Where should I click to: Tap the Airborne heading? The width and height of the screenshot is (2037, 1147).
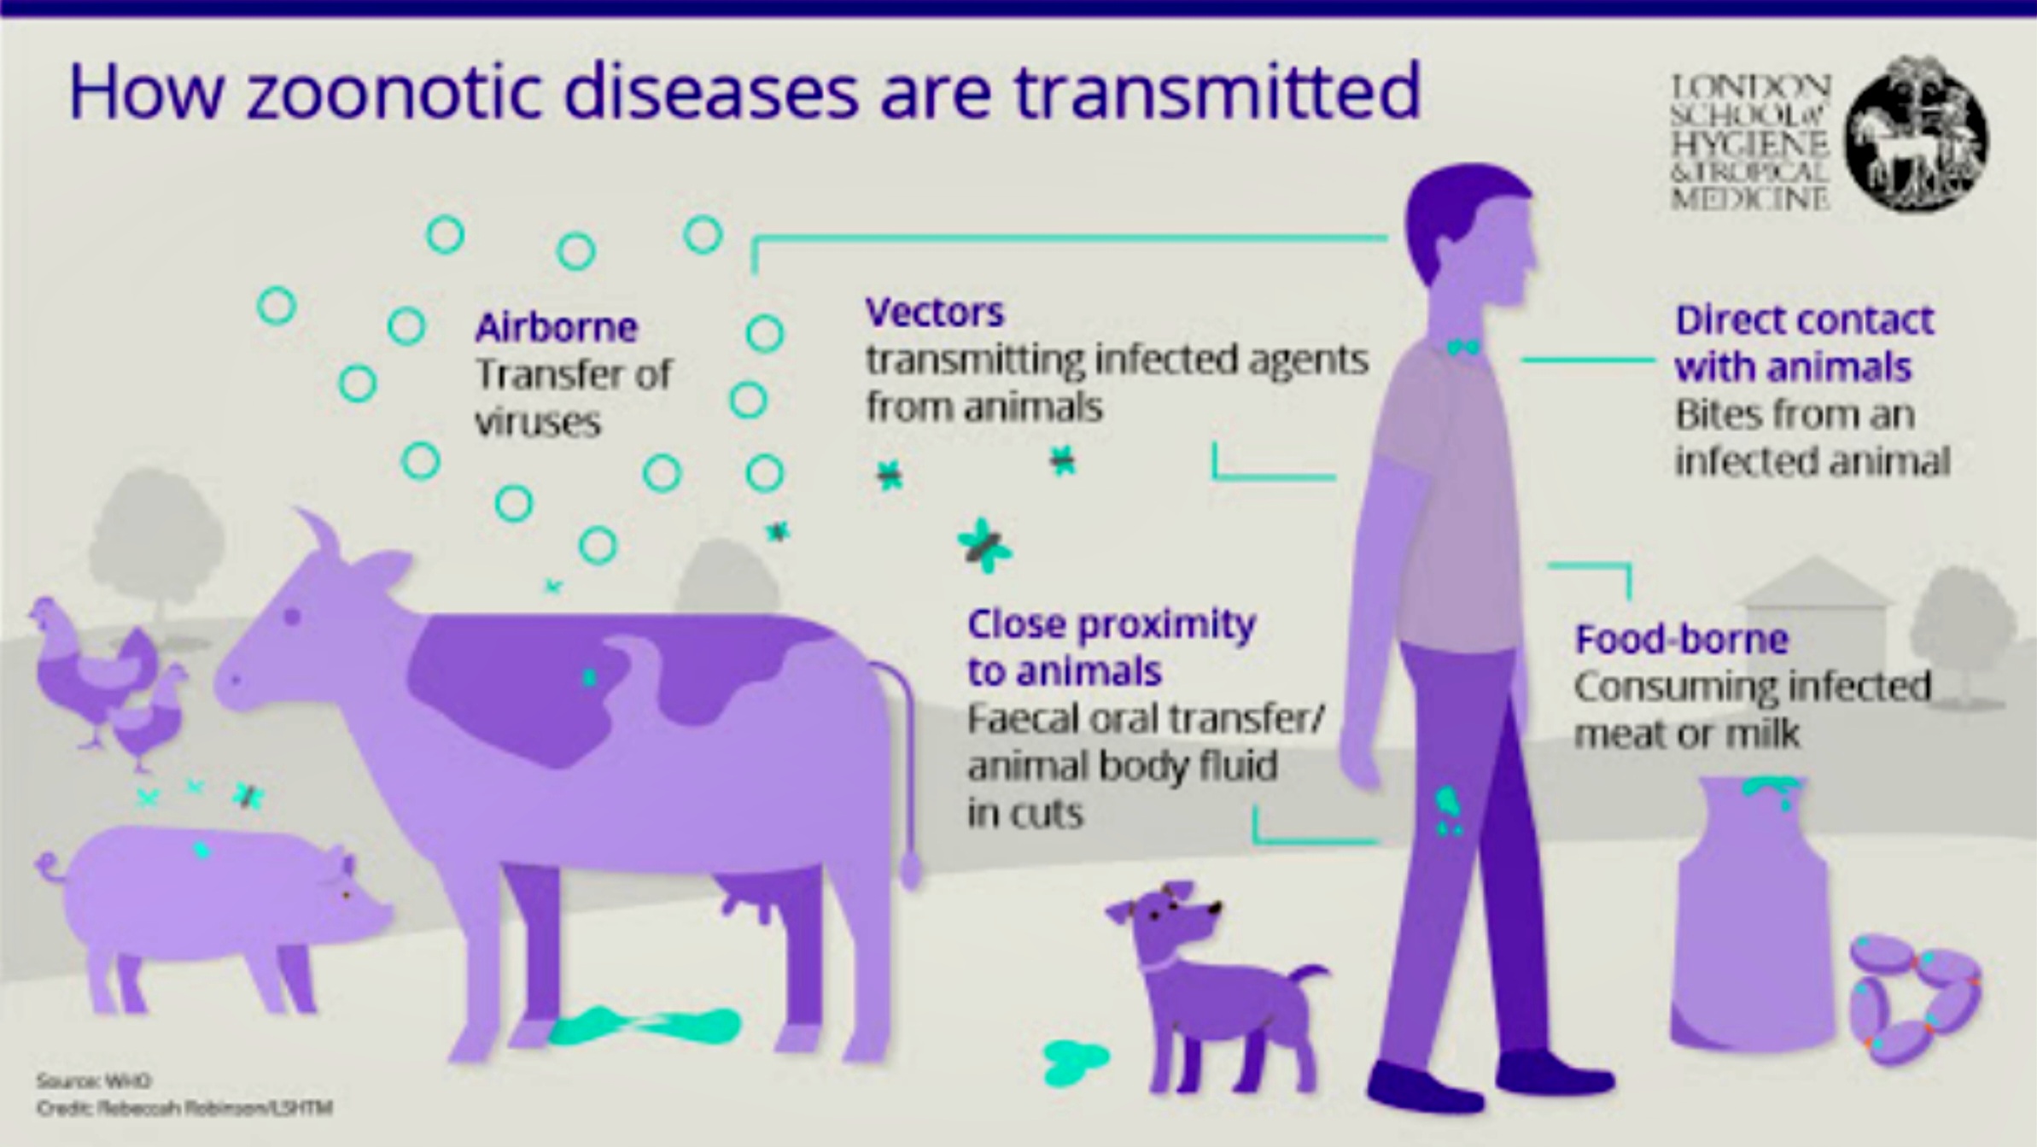click(x=556, y=327)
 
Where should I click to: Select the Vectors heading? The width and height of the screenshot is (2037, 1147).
click(x=935, y=313)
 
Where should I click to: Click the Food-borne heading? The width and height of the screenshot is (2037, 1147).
click(x=1681, y=639)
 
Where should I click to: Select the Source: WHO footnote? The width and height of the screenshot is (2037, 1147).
click(x=94, y=1080)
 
